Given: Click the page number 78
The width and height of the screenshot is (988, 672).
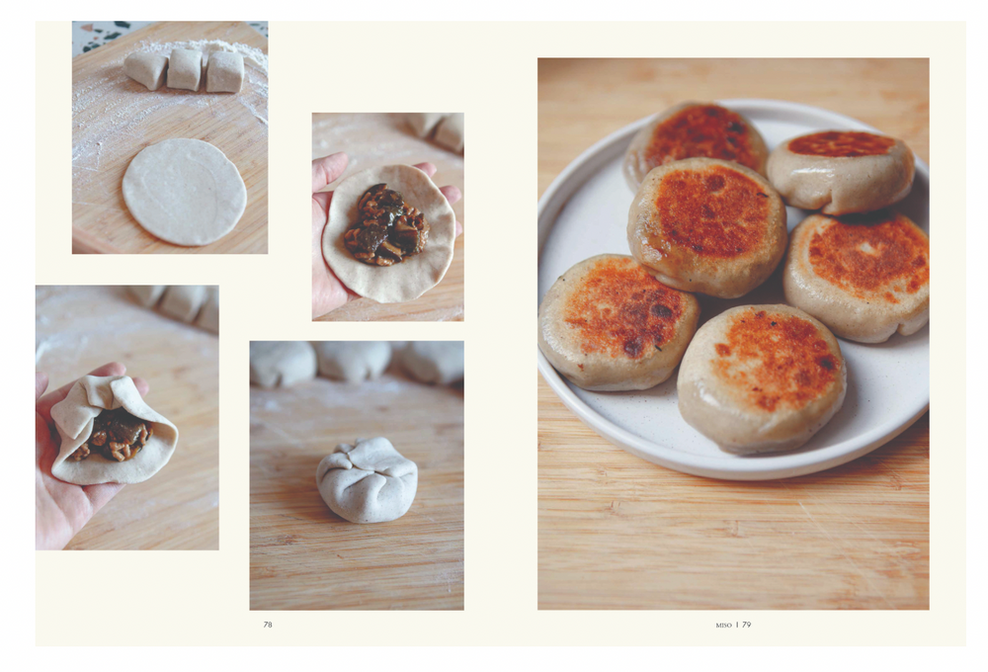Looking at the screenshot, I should click(268, 625).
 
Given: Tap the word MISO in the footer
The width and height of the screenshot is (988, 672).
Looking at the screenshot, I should click(723, 626).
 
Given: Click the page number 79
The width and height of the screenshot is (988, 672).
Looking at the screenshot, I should click(746, 625).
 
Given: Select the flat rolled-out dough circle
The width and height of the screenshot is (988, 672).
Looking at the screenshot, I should click(184, 191).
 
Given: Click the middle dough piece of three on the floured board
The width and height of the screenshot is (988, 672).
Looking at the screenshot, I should click(185, 69).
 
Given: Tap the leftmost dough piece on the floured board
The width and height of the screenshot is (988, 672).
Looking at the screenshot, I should click(145, 68).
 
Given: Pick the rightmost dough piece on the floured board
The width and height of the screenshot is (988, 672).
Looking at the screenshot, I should click(224, 70).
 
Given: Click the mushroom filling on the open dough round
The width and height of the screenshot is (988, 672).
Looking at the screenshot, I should click(385, 225).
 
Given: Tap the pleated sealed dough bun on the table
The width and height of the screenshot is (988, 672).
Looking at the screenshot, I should click(367, 479).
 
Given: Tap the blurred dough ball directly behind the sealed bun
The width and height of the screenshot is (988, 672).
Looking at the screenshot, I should click(353, 362).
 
